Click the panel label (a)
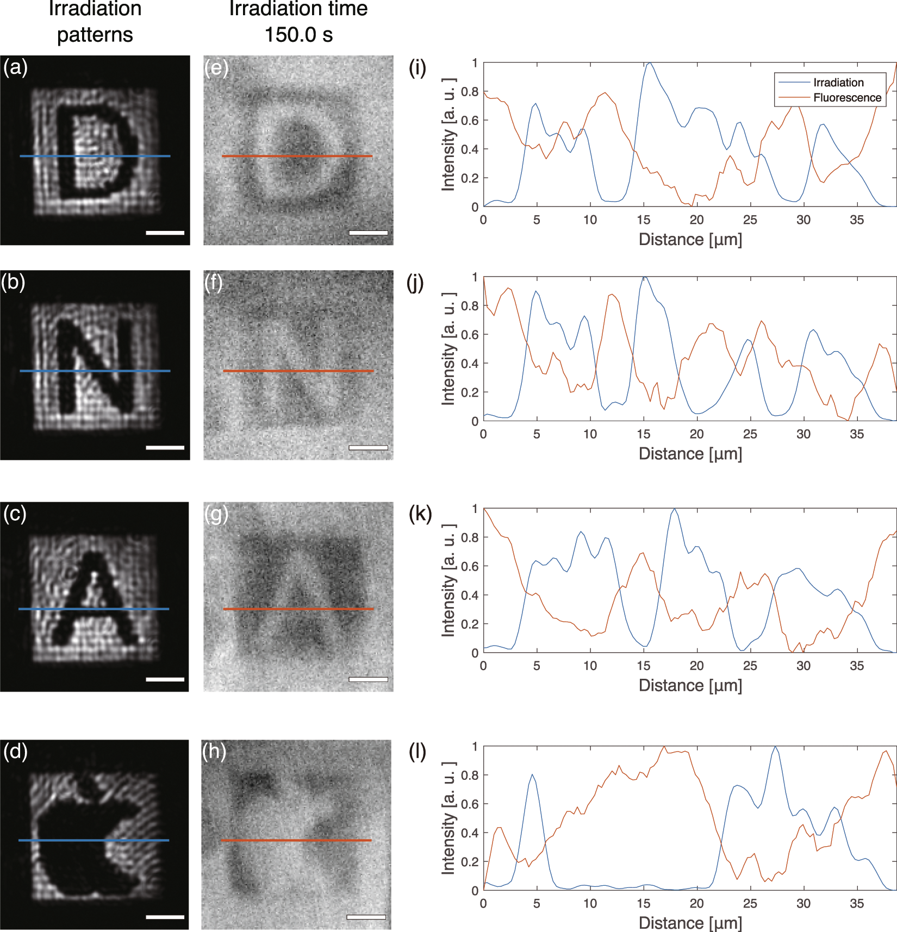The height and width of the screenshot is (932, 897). pos(15,67)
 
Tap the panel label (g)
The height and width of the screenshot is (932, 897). pos(216,514)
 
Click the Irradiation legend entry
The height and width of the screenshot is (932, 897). pos(838,83)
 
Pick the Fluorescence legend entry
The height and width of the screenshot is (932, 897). pos(847,98)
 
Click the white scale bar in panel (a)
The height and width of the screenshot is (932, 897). pos(165,233)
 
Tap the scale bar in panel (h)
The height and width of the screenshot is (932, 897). pos(366,917)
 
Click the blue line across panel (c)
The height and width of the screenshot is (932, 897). pos(94,609)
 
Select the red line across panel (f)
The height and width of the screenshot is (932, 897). pos(298,371)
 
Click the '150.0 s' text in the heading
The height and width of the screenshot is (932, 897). pos(298,35)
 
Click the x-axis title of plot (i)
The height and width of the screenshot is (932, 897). pos(690,239)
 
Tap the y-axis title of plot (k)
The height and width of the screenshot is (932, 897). pos(448,580)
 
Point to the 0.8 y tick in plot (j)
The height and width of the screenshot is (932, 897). pos(470,306)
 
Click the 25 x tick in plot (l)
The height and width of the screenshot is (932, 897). pos(750,903)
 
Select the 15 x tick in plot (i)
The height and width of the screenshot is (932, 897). pos(643,220)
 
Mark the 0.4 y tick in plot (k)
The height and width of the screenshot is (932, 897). pos(470,595)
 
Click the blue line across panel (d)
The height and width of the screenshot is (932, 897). pos(94,840)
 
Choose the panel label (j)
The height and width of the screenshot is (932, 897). pos(415,283)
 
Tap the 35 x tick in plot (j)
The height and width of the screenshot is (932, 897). pos(856,434)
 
